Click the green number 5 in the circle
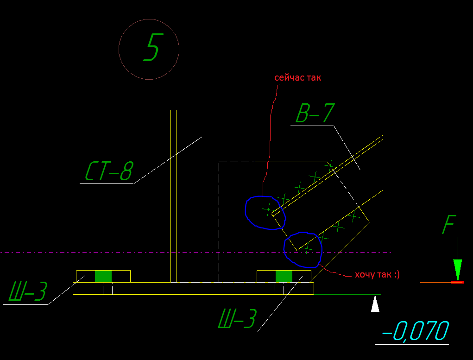pos(152,48)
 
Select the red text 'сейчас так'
pos(297,78)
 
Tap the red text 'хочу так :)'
pos(377,275)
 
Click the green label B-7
pos(315,114)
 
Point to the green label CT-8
pos(108,171)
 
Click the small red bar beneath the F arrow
pos(457,282)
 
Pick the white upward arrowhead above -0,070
pos(375,304)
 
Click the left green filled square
pos(103,276)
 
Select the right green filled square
pos(284,276)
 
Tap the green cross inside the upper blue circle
pos(268,210)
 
